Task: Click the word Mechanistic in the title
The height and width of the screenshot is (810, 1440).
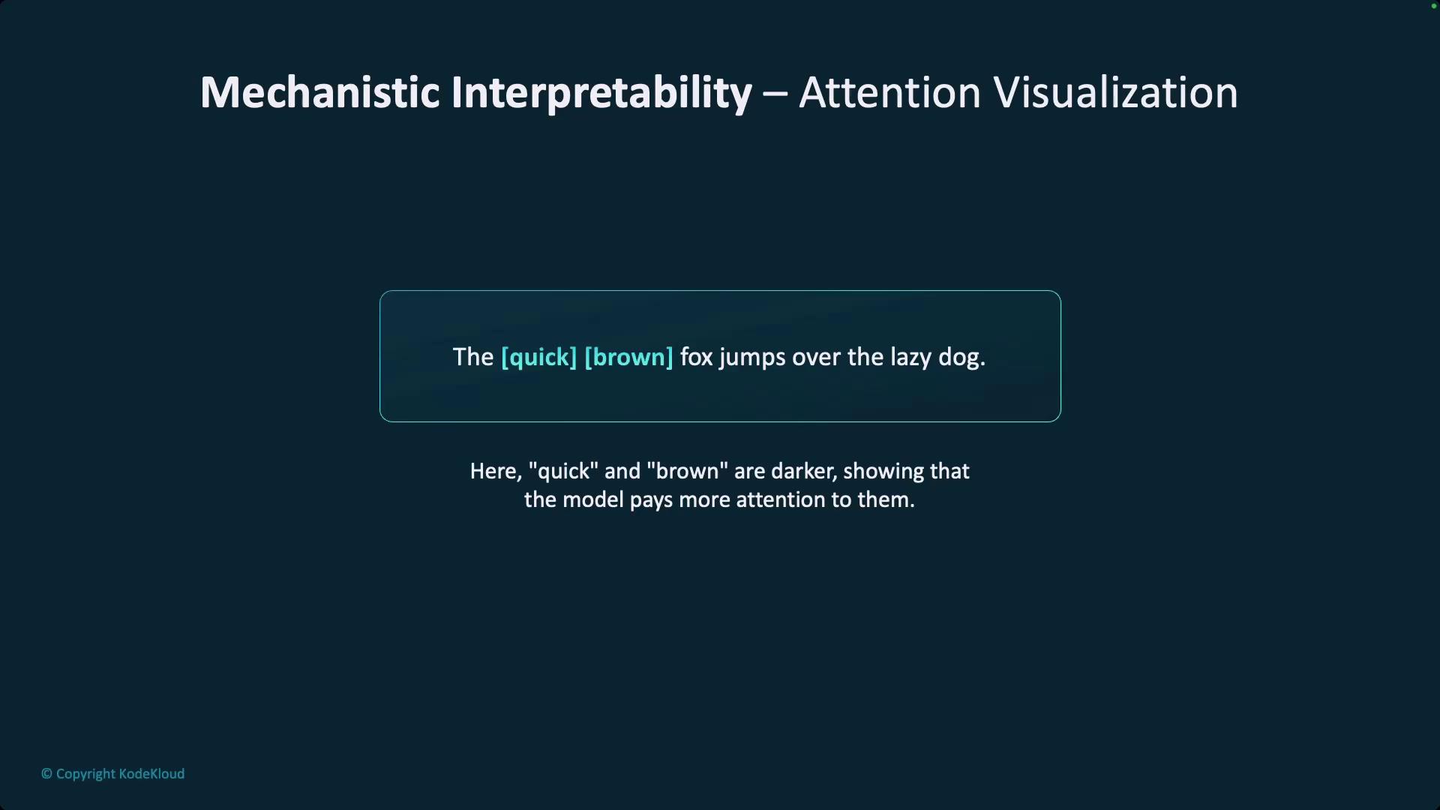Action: tap(320, 92)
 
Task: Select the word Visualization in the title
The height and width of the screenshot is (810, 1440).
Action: tap(1115, 92)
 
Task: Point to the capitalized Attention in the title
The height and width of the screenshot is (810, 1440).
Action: tap(889, 92)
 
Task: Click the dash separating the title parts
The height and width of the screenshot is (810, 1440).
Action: tap(775, 95)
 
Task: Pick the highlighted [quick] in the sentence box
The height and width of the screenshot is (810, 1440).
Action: tap(538, 357)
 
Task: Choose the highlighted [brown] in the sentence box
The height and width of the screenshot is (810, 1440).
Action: tap(628, 357)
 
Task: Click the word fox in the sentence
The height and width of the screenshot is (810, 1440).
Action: tap(696, 357)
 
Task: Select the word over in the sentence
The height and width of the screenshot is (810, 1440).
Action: tap(816, 358)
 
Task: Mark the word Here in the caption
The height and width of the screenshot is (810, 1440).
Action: tap(493, 471)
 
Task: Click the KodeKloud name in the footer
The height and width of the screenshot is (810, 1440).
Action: tap(151, 774)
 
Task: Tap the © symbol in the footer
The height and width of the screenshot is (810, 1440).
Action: tap(46, 774)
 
